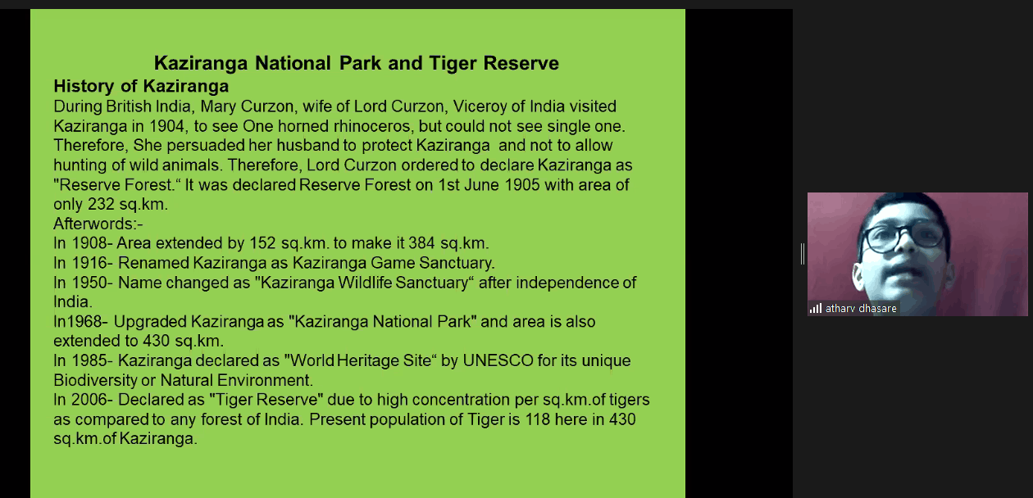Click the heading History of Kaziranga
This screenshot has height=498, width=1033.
pyautogui.click(x=141, y=86)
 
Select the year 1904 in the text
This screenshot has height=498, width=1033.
pyautogui.click(x=167, y=126)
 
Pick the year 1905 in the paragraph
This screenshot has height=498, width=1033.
pyautogui.click(x=522, y=185)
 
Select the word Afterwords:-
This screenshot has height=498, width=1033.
pyautogui.click(x=98, y=224)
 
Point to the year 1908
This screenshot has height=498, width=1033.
pyautogui.click(x=89, y=243)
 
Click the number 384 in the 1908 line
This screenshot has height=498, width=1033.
pyautogui.click(x=422, y=243)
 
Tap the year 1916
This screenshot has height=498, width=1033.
pyautogui.click(x=89, y=263)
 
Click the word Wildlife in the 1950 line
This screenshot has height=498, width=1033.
pyautogui.click(x=365, y=283)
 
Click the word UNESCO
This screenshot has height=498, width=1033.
pyautogui.click(x=498, y=360)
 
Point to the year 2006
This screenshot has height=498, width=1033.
pyautogui.click(x=89, y=400)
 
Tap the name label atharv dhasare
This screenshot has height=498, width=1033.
pyautogui.click(x=861, y=309)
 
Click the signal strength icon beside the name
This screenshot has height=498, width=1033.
pyautogui.click(x=816, y=309)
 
